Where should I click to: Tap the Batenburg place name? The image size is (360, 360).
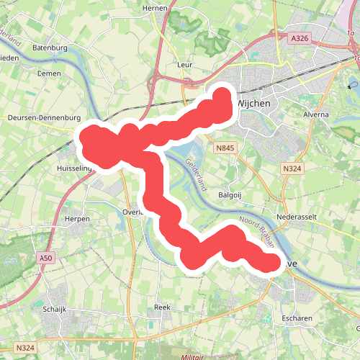50,48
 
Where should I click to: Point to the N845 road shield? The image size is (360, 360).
225,148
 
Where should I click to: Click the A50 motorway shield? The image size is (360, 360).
47,257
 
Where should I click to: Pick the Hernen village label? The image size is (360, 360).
156,8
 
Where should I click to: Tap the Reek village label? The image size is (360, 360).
162,307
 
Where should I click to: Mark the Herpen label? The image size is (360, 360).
77,218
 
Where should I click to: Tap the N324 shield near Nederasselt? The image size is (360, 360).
292,168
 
